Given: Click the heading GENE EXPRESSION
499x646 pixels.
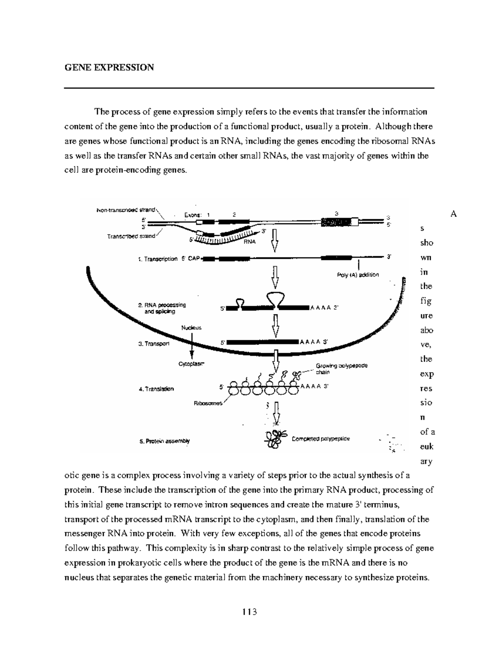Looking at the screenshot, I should (x=109, y=67).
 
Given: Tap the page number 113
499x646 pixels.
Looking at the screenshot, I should (x=249, y=612).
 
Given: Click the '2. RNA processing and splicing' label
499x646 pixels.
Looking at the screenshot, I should (x=162, y=308).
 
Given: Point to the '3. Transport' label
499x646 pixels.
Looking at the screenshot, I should (x=154, y=344).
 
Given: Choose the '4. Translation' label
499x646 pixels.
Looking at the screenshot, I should (x=156, y=389).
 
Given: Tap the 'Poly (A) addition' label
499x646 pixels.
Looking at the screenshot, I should (x=358, y=275).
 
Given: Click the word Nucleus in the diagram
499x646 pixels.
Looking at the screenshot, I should (x=191, y=327).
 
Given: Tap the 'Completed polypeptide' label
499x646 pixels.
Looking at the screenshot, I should (x=321, y=438).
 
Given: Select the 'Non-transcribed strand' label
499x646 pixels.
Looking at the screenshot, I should (x=126, y=210).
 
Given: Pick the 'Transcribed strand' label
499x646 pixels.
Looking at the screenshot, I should (x=131, y=236).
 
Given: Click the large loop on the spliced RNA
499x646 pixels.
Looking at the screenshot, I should (x=275, y=297).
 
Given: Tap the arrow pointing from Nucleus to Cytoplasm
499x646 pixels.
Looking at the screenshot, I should (x=192, y=345).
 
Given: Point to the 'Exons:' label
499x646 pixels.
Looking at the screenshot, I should (x=193, y=215).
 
